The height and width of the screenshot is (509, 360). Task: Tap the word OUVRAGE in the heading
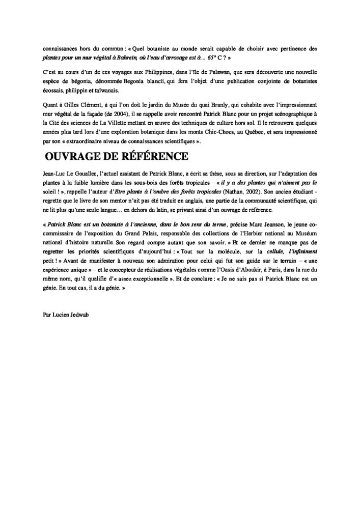click(x=74, y=155)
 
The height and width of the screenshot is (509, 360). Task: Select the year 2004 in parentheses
click(x=133, y=113)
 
